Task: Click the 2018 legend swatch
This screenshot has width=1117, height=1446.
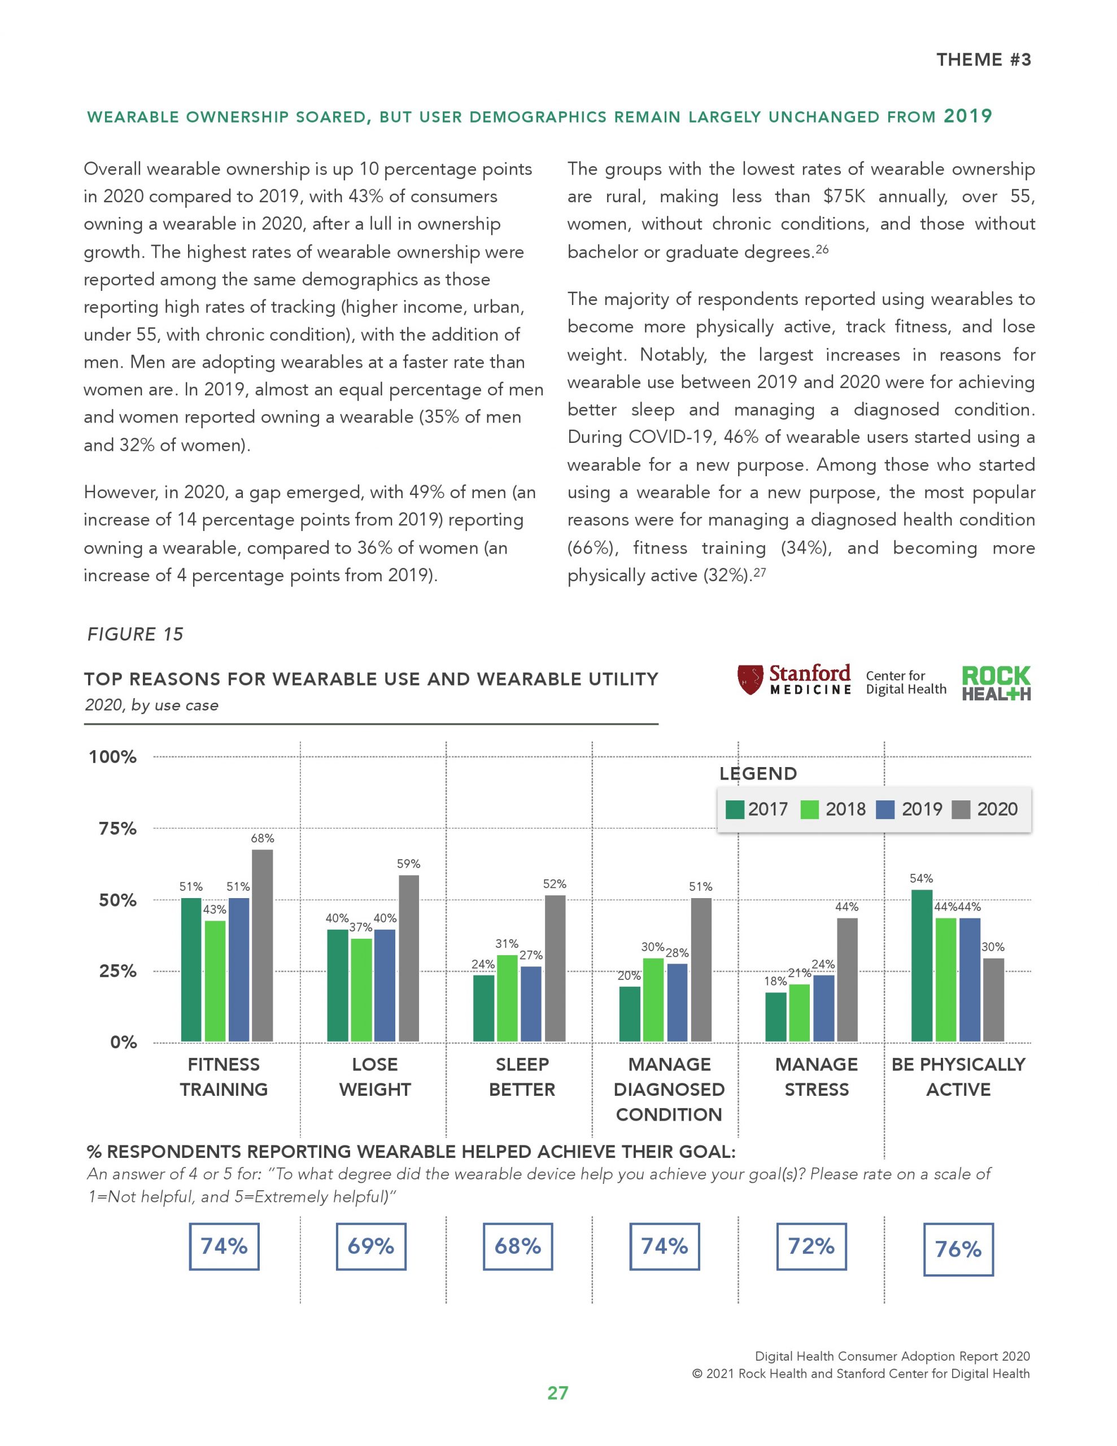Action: tap(810, 809)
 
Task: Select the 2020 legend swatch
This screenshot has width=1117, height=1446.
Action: tap(961, 809)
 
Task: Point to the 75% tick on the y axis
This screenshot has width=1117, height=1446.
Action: tap(117, 828)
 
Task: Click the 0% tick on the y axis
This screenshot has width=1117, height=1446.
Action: tap(123, 1042)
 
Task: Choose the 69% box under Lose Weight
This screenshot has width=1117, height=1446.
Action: tap(371, 1246)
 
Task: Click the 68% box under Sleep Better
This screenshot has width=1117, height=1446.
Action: tap(518, 1246)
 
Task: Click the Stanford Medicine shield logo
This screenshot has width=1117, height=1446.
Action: tap(750, 680)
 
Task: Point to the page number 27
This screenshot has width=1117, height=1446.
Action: tap(557, 1393)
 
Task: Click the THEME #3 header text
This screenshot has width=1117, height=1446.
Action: tap(983, 59)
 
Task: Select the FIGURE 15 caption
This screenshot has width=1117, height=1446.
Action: tap(135, 634)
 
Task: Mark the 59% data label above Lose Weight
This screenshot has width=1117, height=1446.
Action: tap(408, 863)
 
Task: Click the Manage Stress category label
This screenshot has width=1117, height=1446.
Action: tap(817, 1077)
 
